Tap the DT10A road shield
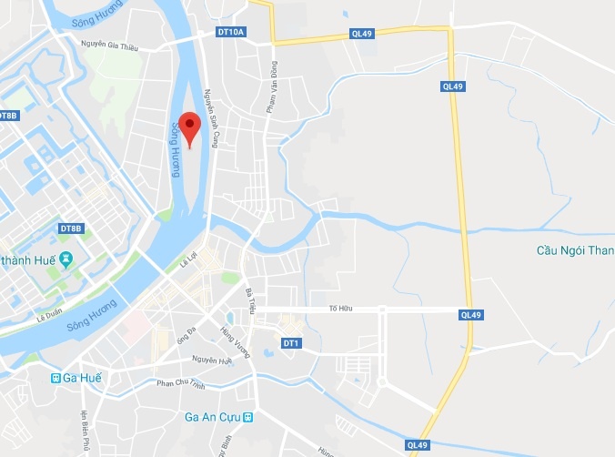pos(232,32)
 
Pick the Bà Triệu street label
pos(250,300)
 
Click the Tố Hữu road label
pos(339,310)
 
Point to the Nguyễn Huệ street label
pos(213,361)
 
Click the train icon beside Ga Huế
pos(56,378)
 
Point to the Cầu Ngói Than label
pos(572,251)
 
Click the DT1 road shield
pos(291,343)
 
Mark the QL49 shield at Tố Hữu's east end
pos(470,315)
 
